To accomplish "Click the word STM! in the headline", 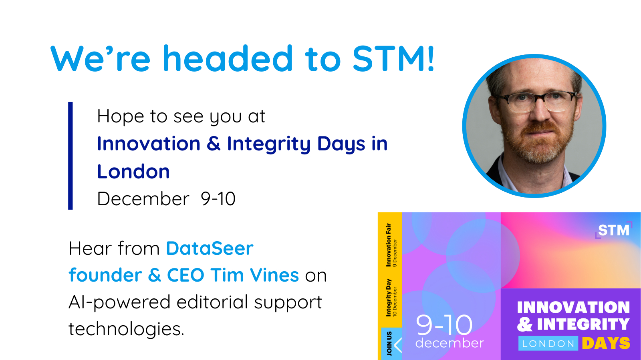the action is (394, 58).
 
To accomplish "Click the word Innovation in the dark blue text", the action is (149, 143).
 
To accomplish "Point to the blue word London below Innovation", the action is (133, 172).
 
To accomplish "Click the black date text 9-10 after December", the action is (218, 199).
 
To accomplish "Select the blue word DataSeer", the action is (210, 248).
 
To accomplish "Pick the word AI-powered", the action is (120, 302).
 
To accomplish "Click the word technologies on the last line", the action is (126, 328).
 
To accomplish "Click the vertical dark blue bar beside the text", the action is (71, 156).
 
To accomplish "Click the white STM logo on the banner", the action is (613, 230).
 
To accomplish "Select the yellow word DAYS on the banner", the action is (606, 343).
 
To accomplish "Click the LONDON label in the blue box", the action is (548, 344).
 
